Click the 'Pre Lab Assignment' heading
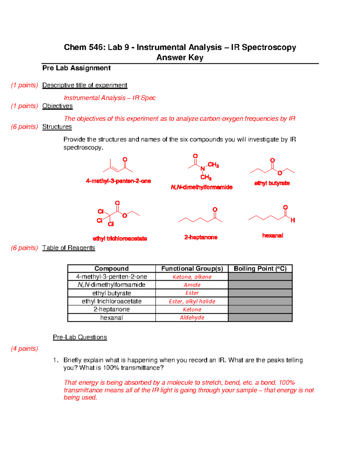pos(76,68)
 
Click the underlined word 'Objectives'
pos(57,106)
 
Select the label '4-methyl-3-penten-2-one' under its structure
pos(118,181)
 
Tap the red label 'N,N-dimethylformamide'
pos(202,187)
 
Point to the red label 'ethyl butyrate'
pos(272,183)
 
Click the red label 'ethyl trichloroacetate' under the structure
pos(120,239)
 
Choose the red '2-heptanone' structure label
pos(201,237)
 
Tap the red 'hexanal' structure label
pos(272,236)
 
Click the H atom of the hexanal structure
pos(293,220)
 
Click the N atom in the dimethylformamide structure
pos(202,169)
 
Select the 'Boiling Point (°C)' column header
pos(260,269)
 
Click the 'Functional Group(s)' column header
pos(192,269)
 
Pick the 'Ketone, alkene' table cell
pos(192,277)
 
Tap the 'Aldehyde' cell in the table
pos(192,317)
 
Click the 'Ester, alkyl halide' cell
pos(192,301)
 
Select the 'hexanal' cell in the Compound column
pos(111,317)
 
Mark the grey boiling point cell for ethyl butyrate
pos(260,293)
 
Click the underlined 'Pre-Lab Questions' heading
pos(80,337)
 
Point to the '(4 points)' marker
pos(24,349)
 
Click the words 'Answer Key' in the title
pos(180,57)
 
